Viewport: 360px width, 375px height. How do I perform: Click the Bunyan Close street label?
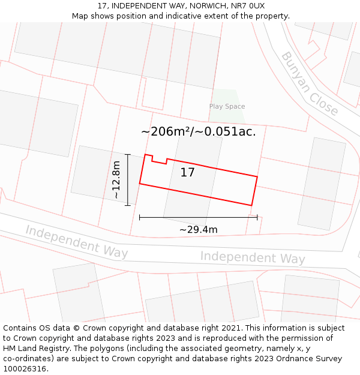pos(309,84)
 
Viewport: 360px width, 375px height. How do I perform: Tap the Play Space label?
pos(227,106)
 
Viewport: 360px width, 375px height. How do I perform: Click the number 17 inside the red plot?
pos(188,173)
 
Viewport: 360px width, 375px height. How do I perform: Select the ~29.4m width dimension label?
pos(198,229)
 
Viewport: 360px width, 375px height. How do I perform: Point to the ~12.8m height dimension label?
pos(116,180)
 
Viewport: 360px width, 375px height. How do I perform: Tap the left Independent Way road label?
pos(76,241)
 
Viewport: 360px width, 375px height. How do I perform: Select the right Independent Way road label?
pos(252,257)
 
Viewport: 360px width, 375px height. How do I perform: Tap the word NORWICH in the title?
pos(200,5)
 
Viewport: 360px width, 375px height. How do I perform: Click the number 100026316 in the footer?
pos(23,369)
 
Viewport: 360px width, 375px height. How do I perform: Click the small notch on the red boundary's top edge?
pos(159,161)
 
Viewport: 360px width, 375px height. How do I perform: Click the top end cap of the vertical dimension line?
pos(128,154)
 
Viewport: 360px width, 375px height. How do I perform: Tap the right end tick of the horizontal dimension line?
pos(257,217)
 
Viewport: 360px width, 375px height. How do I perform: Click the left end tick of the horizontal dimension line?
pos(139,217)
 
